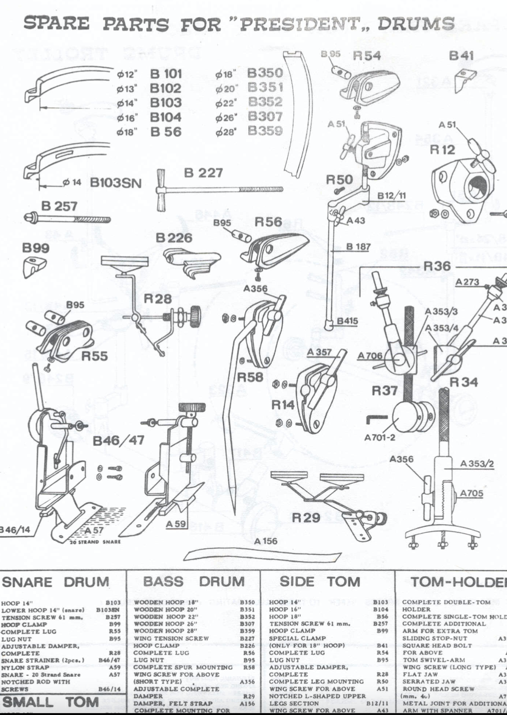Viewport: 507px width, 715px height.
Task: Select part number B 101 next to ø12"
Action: coord(166,74)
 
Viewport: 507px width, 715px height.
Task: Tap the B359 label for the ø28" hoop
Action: coord(265,131)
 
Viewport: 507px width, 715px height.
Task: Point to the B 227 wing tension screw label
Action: coord(203,173)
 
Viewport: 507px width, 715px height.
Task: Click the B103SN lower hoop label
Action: coord(116,183)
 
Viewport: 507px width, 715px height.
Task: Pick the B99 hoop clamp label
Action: coord(36,248)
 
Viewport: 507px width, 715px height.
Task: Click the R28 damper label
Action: coord(158,299)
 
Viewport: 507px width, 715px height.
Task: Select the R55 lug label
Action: coord(94,356)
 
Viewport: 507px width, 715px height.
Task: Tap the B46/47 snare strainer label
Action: coord(119,440)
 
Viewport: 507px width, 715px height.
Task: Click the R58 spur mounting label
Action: coord(250,377)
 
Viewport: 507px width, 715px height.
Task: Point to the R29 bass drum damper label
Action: coord(305,518)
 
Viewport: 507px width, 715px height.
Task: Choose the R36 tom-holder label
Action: coord(437,266)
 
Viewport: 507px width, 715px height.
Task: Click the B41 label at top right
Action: coord(461,56)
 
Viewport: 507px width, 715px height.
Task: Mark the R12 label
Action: coord(442,150)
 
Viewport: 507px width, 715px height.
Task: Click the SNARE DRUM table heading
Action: coord(56,582)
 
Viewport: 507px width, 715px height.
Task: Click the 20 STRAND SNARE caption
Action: coord(95,542)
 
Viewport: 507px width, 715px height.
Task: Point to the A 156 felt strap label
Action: coord(265,541)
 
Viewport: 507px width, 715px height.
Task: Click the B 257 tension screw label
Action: coord(59,206)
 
